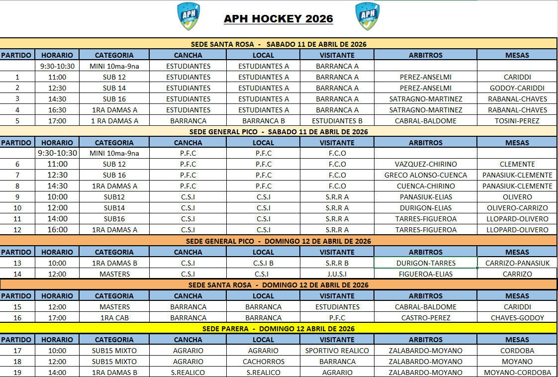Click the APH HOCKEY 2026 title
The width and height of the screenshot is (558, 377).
point(279,19)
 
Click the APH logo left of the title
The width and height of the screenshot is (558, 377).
point(189,17)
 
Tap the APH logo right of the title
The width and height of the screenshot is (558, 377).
point(368,17)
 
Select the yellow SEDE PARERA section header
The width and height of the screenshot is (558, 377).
point(279,329)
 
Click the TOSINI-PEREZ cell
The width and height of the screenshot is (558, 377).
point(517,121)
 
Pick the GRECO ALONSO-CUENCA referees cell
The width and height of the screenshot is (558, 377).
point(426,175)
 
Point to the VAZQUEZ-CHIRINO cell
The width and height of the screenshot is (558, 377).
point(426,164)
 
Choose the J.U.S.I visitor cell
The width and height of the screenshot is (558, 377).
point(337,274)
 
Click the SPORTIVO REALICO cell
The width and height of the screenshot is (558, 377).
point(337,351)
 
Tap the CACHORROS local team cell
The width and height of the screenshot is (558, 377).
point(264,362)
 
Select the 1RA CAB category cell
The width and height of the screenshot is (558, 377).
point(114,318)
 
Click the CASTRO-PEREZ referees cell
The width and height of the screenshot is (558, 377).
point(426,318)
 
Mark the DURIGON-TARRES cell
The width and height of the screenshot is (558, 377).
point(426,263)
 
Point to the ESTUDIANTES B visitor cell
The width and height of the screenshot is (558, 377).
point(337,121)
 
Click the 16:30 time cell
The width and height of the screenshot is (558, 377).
point(57,110)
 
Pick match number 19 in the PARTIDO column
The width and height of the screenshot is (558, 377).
point(18,373)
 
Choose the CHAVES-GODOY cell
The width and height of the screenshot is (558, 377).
point(517,318)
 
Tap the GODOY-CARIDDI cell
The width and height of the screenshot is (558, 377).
point(517,88)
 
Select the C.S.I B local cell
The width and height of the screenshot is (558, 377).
point(264,263)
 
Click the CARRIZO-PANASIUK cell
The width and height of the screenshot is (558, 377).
point(517,263)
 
